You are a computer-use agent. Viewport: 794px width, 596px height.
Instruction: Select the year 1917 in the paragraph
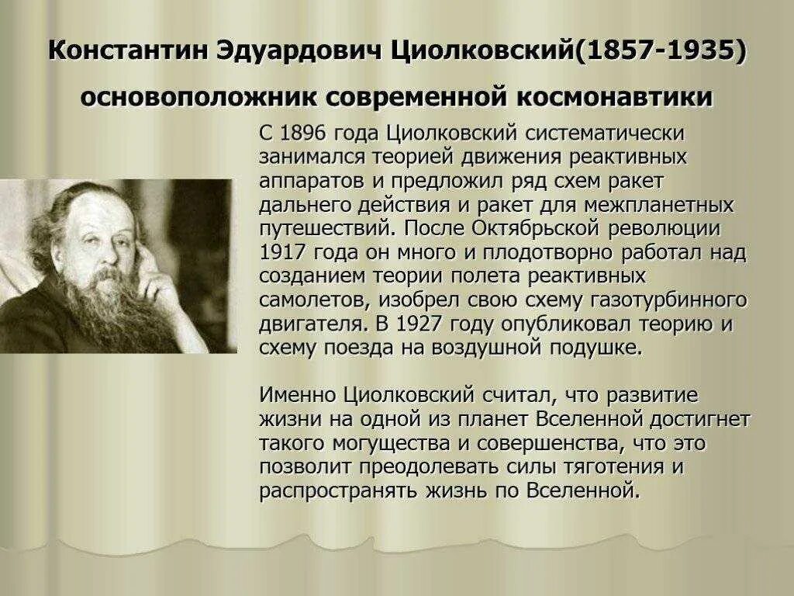tap(285, 252)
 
